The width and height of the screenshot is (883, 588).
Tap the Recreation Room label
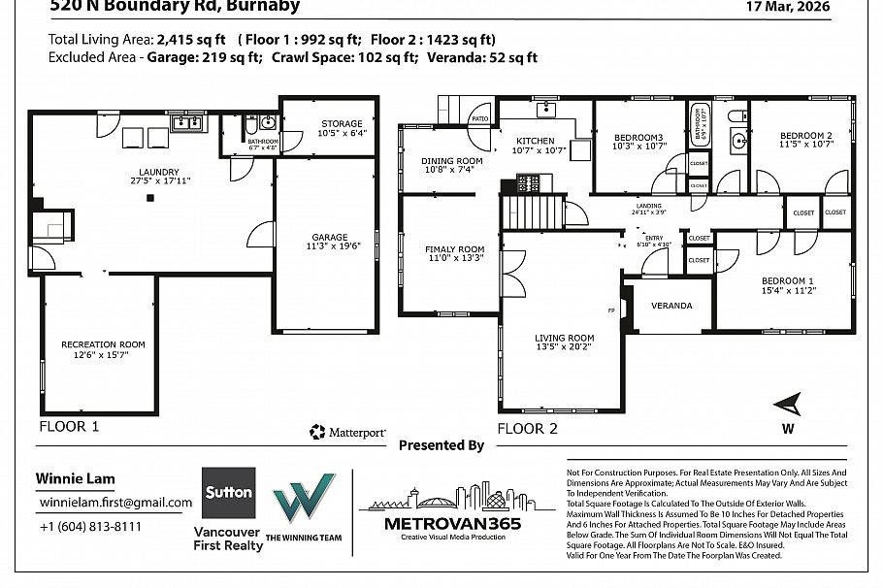click(103, 344)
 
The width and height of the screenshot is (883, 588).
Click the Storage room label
click(342, 124)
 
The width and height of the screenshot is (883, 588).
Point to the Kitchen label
click(535, 142)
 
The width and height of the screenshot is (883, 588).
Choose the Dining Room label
click(451, 161)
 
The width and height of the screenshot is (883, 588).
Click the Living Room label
click(564, 339)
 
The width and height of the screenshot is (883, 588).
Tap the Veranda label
click(671, 306)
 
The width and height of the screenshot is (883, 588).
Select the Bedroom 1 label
click(786, 281)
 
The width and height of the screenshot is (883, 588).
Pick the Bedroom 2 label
click(806, 135)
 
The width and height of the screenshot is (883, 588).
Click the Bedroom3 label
click(638, 138)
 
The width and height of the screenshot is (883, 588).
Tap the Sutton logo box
click(229, 493)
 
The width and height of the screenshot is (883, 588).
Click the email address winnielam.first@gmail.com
click(114, 503)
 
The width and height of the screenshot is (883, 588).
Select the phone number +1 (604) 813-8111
click(90, 527)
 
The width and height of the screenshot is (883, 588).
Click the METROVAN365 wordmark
click(440, 524)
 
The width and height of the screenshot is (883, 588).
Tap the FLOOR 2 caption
click(528, 427)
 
